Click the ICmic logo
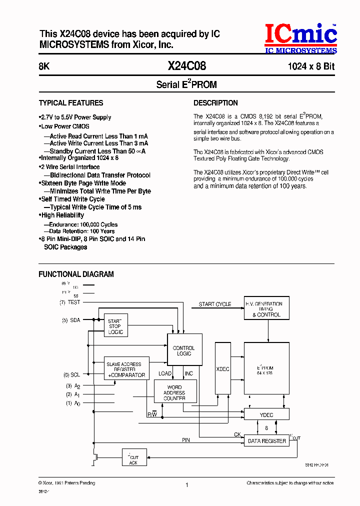point(300,39)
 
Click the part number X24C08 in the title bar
point(186,66)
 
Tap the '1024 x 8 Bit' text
point(310,66)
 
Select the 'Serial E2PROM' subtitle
point(186,84)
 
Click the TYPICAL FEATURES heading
point(71,103)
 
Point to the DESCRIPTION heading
point(215,103)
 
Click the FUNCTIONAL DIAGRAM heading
point(76,274)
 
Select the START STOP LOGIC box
point(115,326)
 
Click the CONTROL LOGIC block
point(184,351)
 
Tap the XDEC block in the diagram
point(222,368)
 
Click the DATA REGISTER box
point(266,441)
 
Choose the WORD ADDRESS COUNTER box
point(174,392)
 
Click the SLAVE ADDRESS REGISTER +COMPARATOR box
point(125,370)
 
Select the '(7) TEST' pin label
point(70,302)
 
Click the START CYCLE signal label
point(215,304)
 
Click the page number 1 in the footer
point(186,484)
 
